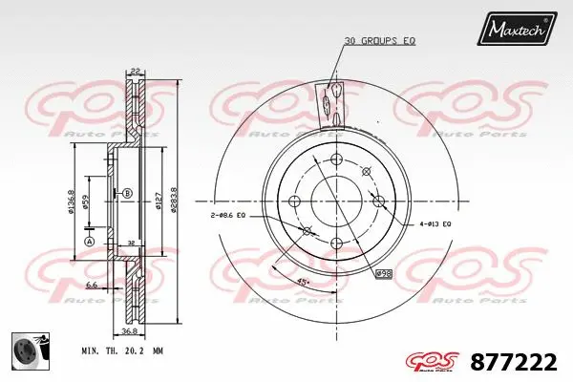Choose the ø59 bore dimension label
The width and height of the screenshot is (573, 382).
86,202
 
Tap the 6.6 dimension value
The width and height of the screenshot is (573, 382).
91,285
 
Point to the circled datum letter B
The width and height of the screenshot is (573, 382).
126,193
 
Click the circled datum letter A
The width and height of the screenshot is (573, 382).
90,243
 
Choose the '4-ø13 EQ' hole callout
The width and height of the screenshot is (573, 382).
435,223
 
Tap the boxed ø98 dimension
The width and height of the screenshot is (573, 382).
383,274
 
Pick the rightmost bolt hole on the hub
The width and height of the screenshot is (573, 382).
379,201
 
